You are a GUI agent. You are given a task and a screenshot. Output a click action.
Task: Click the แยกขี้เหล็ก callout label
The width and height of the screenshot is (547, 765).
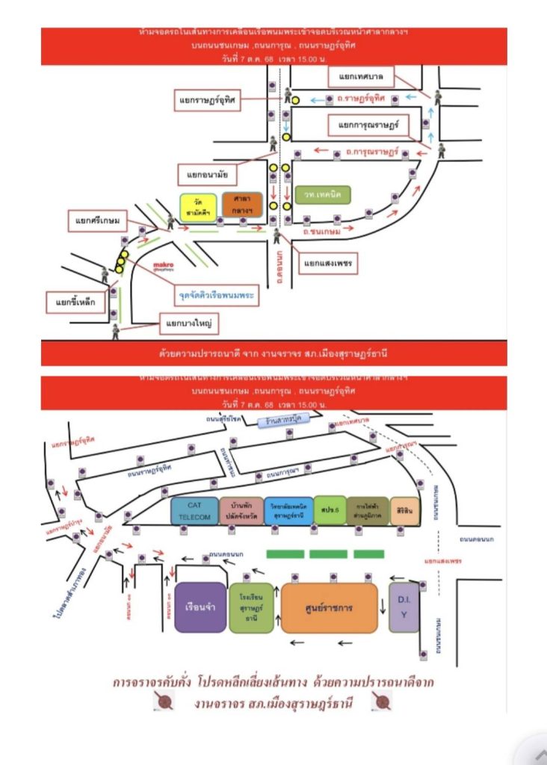(72, 303)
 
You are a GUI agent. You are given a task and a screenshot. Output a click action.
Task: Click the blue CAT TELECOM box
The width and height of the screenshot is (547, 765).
(195, 512)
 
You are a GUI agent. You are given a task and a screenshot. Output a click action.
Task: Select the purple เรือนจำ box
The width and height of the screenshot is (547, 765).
(200, 607)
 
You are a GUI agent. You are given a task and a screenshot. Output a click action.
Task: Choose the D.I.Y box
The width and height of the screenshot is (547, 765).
(404, 607)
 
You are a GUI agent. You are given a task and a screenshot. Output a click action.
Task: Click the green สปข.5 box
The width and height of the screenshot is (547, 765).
(330, 511)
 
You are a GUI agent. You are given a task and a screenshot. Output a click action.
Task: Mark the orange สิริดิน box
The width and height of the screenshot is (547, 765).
(404, 511)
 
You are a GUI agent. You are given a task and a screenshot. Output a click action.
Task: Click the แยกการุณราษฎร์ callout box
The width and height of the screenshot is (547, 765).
(369, 125)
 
